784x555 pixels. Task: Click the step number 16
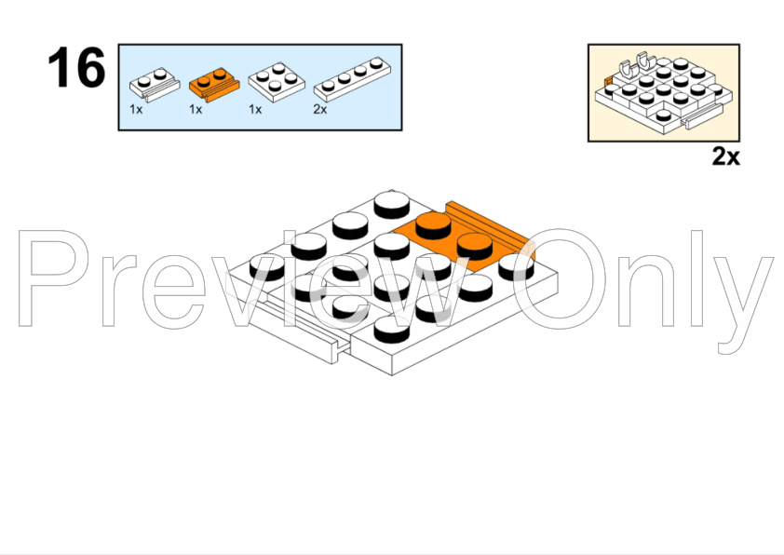(x=76, y=67)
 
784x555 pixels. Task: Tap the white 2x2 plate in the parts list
(x=277, y=82)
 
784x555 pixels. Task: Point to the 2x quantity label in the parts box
(x=320, y=110)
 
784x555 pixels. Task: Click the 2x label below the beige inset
(x=725, y=156)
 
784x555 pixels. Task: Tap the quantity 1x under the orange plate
(x=196, y=110)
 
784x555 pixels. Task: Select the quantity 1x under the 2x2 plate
(x=255, y=110)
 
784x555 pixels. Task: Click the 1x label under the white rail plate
(x=136, y=110)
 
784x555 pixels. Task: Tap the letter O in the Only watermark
(x=559, y=278)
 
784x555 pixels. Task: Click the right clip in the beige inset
(x=646, y=61)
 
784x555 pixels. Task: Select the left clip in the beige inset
(x=626, y=70)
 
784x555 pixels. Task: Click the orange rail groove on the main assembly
(x=490, y=227)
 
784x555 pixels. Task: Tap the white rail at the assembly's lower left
(x=300, y=330)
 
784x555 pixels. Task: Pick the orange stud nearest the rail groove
(x=475, y=246)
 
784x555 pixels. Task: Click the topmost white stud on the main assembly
(x=392, y=204)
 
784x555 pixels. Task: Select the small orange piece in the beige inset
(x=608, y=82)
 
